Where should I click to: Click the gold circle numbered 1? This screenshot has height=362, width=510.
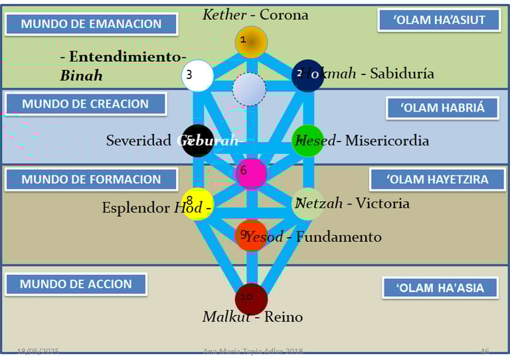point(251,42)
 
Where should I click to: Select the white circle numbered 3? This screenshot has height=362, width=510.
point(197,75)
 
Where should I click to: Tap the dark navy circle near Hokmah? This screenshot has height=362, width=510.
point(307,75)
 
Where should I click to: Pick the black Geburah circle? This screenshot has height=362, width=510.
point(198,141)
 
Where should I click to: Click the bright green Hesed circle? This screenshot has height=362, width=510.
point(307,141)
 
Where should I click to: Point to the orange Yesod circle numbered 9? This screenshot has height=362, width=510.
point(251,235)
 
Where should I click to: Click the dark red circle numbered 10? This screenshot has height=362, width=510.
point(251,299)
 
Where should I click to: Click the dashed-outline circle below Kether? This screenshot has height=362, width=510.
point(249,89)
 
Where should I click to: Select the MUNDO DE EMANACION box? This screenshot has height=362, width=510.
point(91,24)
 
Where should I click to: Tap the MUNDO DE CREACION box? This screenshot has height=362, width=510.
point(85,104)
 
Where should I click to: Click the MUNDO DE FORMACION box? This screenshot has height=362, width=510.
point(91,179)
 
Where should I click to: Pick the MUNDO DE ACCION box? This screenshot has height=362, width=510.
point(76,284)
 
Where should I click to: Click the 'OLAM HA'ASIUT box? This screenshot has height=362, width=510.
point(439,20)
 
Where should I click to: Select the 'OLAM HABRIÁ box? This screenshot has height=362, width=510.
point(443,108)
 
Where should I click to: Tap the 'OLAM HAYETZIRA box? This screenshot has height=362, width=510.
point(438,179)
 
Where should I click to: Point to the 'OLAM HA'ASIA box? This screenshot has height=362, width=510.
point(440,288)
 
